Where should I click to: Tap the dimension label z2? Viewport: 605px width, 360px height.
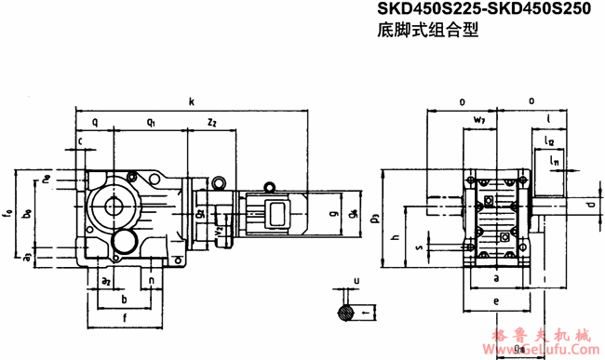pyautogui.click(x=212, y=122)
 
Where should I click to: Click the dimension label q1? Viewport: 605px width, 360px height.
pyautogui.click(x=151, y=122)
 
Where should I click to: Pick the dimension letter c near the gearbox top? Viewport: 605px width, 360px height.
pyautogui.click(x=82, y=140)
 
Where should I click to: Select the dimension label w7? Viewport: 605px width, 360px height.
pyautogui.click(x=478, y=121)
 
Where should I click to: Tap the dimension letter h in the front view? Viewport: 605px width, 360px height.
pyautogui.click(x=395, y=238)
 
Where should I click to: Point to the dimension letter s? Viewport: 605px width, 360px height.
pyautogui.click(x=418, y=248)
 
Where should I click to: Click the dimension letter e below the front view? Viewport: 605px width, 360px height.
pyautogui.click(x=497, y=301)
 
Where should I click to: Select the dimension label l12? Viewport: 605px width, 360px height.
pyautogui.click(x=549, y=140)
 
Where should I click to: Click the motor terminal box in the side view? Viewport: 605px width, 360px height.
pyautogui.click(x=276, y=212)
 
